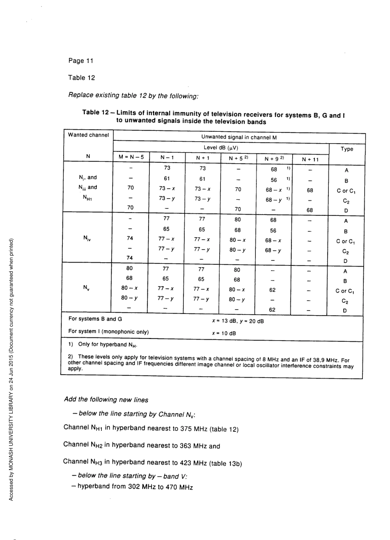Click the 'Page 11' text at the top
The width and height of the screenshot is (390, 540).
(x=81, y=61)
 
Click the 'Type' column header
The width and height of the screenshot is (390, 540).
(x=347, y=149)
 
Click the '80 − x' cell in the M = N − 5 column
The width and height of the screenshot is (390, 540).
(x=130, y=290)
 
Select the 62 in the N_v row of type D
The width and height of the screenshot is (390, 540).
(x=273, y=310)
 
